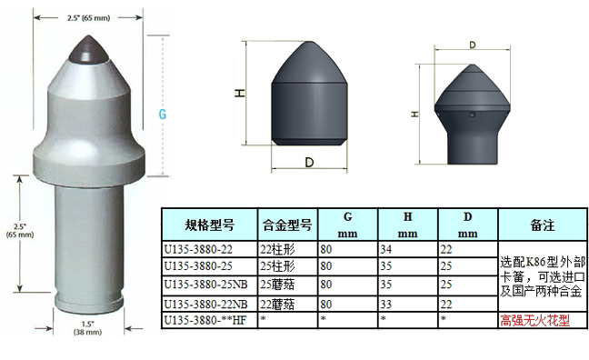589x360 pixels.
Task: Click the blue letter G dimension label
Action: point(164,115)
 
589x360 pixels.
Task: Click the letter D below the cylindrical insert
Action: point(309,163)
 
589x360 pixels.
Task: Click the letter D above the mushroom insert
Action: point(472,43)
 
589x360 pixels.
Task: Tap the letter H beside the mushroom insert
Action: point(414,115)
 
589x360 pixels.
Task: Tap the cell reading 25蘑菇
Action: point(277,285)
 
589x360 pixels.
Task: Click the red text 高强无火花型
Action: point(535,320)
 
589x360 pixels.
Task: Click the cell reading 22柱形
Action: point(277,249)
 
